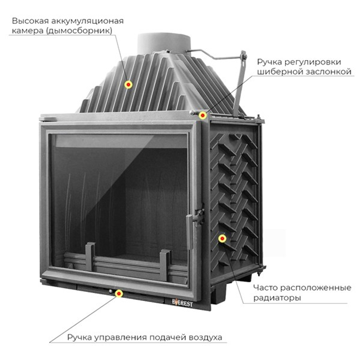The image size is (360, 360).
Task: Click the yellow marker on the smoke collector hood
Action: click(x=128, y=84)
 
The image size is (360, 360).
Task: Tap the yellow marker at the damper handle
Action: click(x=203, y=115)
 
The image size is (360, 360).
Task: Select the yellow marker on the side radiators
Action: click(x=222, y=238)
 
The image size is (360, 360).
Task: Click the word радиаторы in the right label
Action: click(x=276, y=298)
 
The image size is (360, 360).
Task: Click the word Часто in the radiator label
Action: click(x=265, y=288)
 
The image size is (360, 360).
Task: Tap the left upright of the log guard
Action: click(x=90, y=256)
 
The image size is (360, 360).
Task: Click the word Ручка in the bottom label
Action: click(x=79, y=338)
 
